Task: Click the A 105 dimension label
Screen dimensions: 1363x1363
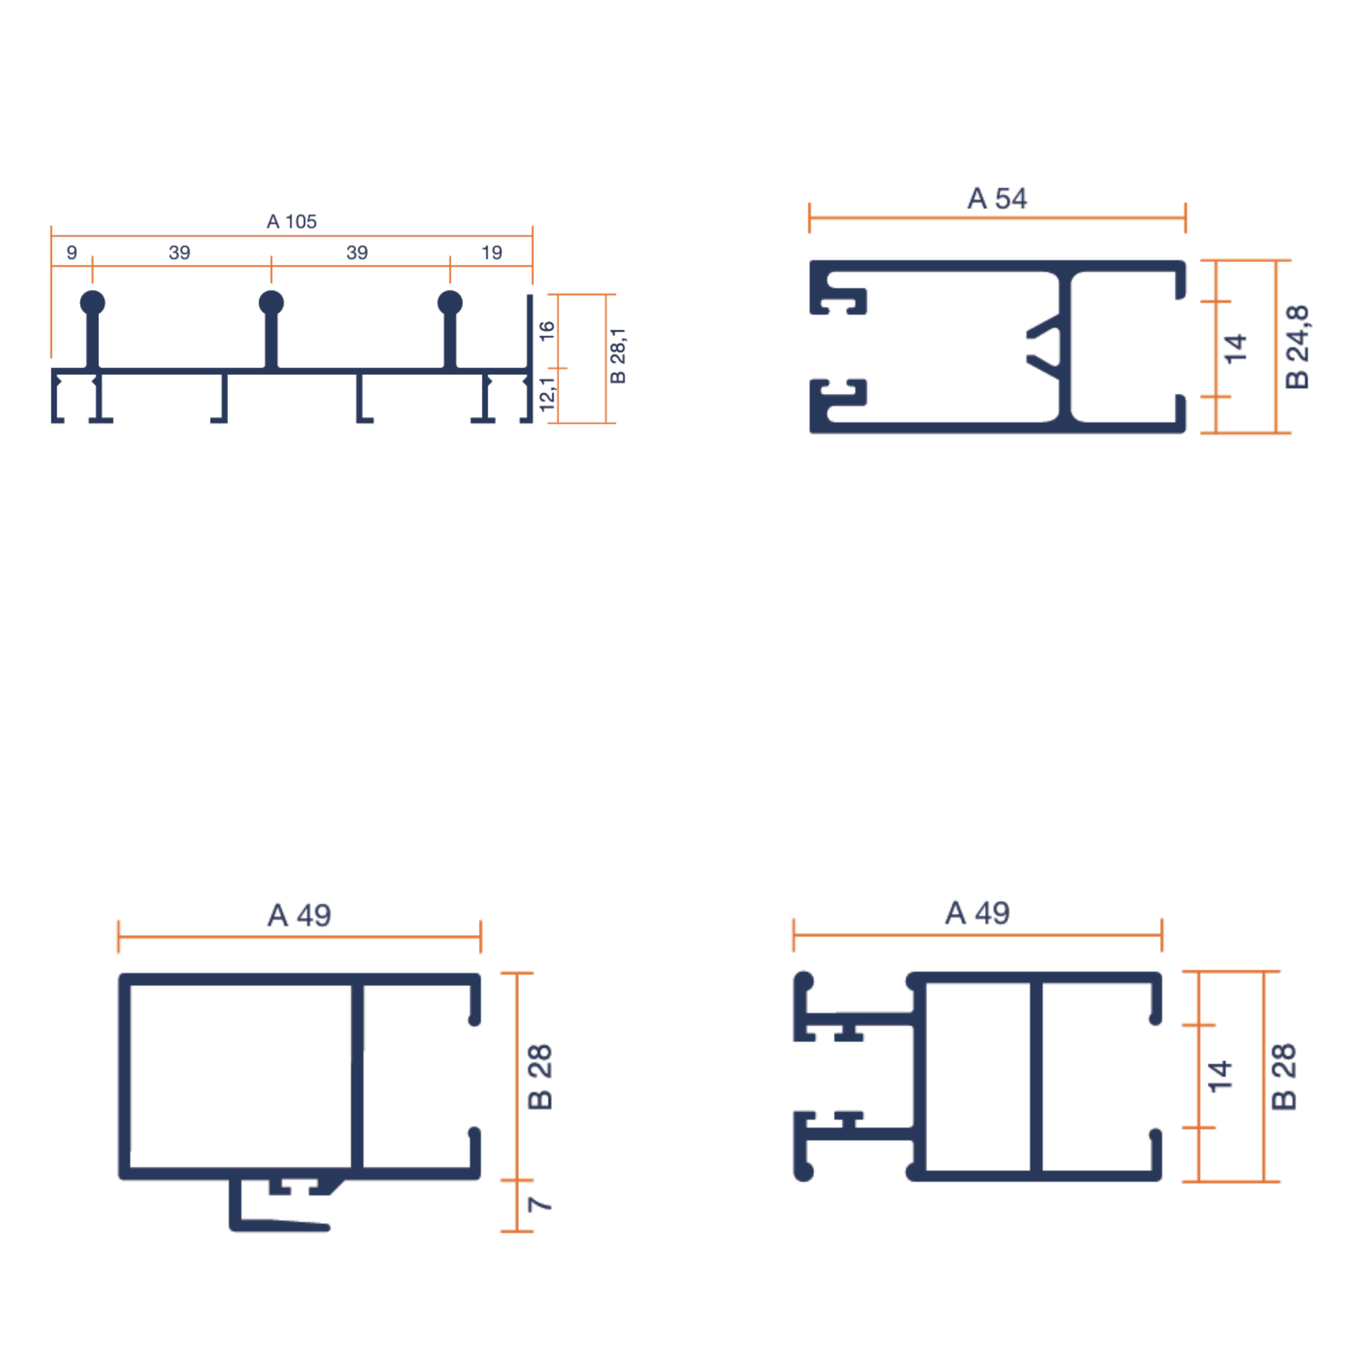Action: click(x=291, y=221)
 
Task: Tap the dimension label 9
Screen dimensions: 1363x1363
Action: click(x=71, y=252)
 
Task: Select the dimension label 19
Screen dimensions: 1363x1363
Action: click(x=492, y=252)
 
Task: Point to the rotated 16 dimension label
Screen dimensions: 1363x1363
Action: click(x=547, y=330)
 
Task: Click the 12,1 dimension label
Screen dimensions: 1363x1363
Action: click(x=547, y=393)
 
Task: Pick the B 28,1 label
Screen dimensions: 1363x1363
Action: click(x=617, y=356)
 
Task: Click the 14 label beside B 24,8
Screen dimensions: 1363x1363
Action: click(x=1235, y=349)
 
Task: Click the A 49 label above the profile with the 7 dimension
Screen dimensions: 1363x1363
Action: click(x=299, y=915)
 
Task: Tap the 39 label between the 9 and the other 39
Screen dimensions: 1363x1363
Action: click(x=179, y=252)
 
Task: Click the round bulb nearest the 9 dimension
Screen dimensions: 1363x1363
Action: click(x=93, y=302)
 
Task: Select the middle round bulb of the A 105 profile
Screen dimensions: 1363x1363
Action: click(x=272, y=302)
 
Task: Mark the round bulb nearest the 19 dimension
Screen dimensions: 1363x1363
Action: click(x=450, y=302)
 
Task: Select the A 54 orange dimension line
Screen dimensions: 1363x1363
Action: click(x=997, y=217)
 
